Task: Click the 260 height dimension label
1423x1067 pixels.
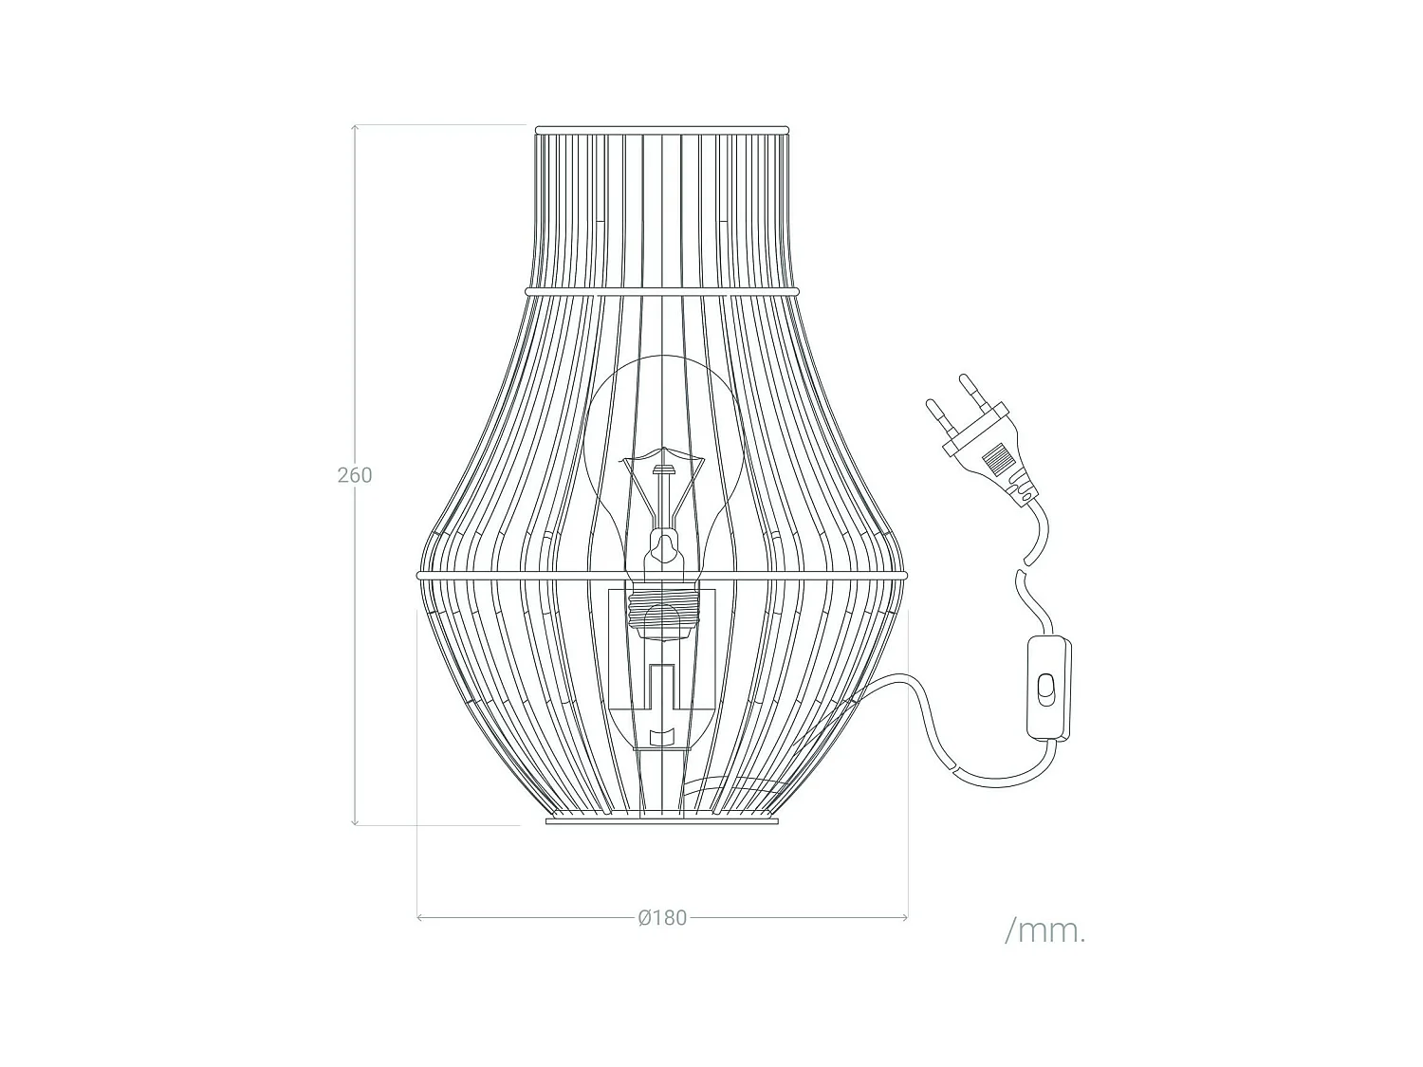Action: point(355,475)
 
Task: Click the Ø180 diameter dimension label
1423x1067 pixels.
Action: point(662,917)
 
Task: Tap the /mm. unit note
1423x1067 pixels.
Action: point(1044,930)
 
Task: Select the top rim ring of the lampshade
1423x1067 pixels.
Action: point(661,129)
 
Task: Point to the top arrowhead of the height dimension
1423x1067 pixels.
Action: point(355,128)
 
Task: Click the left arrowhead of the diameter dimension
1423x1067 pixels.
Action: point(421,917)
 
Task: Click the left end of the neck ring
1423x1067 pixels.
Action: point(528,290)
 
